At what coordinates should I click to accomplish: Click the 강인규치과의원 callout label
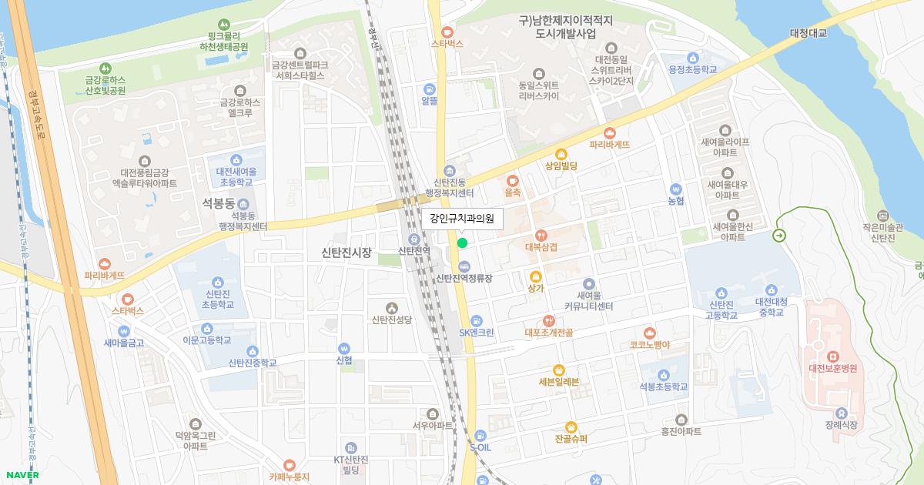[x=462, y=219]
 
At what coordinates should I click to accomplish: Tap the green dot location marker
[x=462, y=243]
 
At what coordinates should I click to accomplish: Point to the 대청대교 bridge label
[x=808, y=33]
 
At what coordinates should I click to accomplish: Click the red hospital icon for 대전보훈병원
[x=832, y=356]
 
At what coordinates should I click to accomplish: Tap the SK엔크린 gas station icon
[x=477, y=319]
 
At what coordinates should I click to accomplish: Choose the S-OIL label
[x=480, y=447]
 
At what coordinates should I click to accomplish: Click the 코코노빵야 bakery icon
[x=649, y=333]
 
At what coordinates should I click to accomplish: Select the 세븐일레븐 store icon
[x=559, y=370]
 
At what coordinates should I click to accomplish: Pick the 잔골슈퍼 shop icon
[x=571, y=426]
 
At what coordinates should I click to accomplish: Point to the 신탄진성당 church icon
[x=392, y=307]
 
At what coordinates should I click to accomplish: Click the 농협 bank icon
[x=676, y=189]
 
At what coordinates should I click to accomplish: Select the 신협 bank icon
[x=344, y=347]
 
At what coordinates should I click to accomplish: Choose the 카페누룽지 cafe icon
[x=290, y=464]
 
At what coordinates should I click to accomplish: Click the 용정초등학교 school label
[x=693, y=69]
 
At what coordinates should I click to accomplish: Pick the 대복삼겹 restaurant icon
[x=541, y=235]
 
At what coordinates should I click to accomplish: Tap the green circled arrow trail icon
[x=780, y=236]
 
